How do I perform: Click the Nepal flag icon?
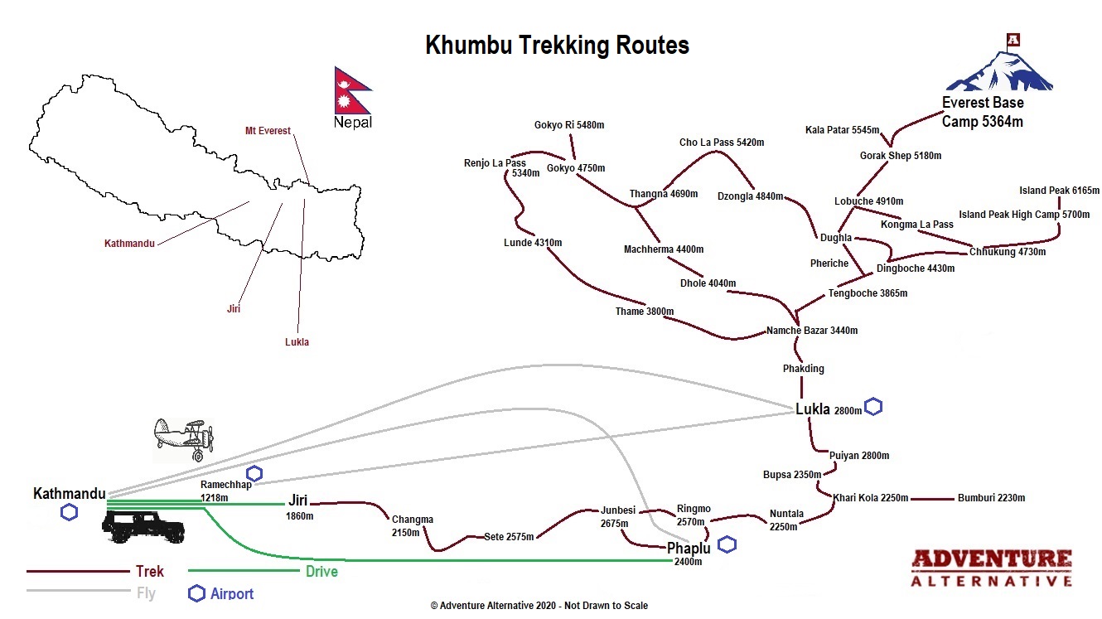click(x=351, y=90)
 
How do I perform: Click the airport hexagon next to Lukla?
click(x=873, y=407)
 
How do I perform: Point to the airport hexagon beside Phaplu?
click(x=727, y=544)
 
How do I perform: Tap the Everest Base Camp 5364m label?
click(x=983, y=112)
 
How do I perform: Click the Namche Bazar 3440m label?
click(x=812, y=331)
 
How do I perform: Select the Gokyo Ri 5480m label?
click(x=569, y=125)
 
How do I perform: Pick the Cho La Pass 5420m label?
click(x=722, y=143)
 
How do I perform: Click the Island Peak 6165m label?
click(x=1059, y=191)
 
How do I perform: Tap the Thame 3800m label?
click(x=644, y=312)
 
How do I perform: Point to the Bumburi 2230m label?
click(x=991, y=498)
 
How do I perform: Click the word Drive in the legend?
click(x=321, y=571)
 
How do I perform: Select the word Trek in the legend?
click(x=150, y=571)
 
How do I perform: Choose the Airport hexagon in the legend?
click(x=196, y=593)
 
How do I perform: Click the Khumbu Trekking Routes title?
click(x=557, y=45)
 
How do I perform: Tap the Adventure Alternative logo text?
click(x=991, y=568)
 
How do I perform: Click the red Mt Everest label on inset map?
click(x=268, y=131)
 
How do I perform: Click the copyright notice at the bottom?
click(x=539, y=606)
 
